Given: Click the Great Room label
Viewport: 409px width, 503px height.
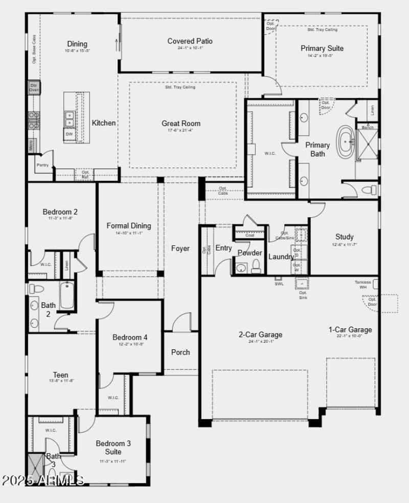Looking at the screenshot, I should pos(181,123).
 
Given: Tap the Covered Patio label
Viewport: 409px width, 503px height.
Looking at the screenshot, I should pos(190,41).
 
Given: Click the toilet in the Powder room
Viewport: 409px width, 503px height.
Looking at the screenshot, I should pos(256,266).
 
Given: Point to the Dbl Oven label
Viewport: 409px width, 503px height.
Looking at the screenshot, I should pos(34,88).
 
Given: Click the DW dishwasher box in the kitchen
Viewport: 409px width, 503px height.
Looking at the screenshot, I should pos(69,134).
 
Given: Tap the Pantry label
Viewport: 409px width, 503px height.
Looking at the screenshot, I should pos(43,165).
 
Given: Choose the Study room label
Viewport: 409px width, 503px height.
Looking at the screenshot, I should pos(344,237).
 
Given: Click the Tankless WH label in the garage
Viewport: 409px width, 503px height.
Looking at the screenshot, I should pos(363,284).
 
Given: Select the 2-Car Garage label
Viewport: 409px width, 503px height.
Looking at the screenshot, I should pos(260,335).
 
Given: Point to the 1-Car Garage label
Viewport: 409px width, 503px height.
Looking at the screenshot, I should pos(350,330).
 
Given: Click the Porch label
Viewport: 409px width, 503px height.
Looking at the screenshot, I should pos(180,352).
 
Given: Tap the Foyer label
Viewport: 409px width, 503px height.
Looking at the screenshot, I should pos(180,248).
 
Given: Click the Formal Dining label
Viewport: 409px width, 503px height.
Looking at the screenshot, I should pos(129,226).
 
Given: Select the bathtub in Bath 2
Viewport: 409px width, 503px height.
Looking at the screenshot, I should pos(67,296).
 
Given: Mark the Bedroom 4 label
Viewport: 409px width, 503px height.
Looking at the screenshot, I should pos(130,338).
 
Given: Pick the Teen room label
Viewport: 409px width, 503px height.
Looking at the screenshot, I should pos(60,375).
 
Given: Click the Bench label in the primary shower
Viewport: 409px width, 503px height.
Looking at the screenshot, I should pos(368,127).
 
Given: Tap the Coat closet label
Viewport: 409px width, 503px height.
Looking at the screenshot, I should pos(249,235).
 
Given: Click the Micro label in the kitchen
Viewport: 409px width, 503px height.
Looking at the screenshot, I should pos(31,145).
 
